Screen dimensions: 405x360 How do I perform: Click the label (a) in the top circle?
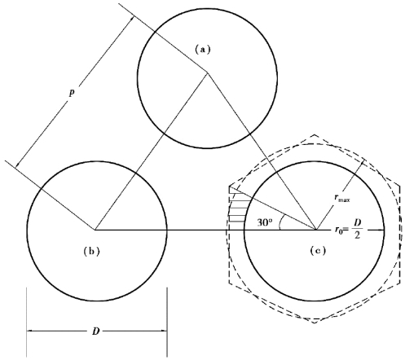[203, 50]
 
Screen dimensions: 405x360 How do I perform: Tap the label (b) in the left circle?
[92, 252]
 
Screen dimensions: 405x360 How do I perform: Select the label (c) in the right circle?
[318, 251]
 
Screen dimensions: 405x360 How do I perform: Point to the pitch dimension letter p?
[72, 93]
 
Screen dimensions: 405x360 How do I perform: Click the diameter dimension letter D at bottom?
[95, 331]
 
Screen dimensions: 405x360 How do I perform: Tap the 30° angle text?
[265, 222]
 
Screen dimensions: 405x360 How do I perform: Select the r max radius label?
[341, 198]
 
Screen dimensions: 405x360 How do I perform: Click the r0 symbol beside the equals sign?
[338, 230]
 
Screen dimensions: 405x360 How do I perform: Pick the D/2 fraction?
[357, 229]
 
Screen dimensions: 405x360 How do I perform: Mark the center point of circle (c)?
[316, 230]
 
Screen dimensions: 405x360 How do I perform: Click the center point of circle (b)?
[95, 230]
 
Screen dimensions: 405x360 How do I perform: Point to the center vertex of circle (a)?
[208, 72]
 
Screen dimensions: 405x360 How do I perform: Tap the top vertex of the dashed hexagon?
[315, 134]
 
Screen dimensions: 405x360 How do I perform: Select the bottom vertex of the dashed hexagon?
[315, 323]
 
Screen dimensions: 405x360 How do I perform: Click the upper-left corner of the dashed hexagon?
[230, 187]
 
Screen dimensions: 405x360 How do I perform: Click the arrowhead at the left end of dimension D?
[30, 331]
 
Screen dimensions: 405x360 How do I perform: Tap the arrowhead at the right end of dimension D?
[163, 331]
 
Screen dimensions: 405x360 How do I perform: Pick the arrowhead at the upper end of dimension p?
[132, 19]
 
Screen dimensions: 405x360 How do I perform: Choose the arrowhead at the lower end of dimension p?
[18, 165]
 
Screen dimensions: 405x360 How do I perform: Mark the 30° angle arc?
[280, 222]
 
